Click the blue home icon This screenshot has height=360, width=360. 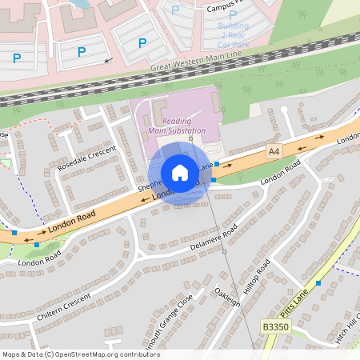tap(180, 173)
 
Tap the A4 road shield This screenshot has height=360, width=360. tap(274, 151)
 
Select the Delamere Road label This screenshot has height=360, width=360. tap(214, 237)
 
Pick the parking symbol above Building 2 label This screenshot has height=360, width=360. tap(233, 14)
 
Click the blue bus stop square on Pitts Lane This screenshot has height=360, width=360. tap(318, 283)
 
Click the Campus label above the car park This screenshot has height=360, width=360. tap(224, 8)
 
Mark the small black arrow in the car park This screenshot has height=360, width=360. tap(107, 60)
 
